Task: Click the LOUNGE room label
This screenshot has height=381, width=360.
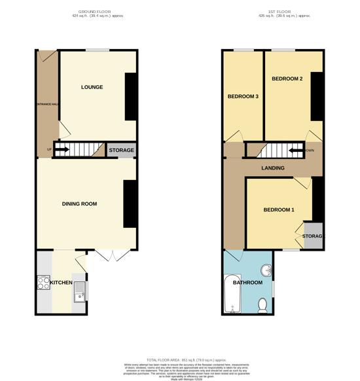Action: click(92, 87)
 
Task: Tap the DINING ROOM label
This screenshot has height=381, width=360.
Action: click(79, 204)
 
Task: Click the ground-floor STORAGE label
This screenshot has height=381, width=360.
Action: click(121, 151)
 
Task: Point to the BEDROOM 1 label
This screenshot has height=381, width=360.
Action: click(278, 209)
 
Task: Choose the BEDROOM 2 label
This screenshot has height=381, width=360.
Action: click(287, 79)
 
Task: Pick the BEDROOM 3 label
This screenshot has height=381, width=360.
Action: click(243, 97)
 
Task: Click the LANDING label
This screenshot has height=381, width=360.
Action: click(272, 168)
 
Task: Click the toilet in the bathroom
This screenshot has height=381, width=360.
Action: click(263, 304)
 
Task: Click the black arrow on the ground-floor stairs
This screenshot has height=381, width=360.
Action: click(61, 151)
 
